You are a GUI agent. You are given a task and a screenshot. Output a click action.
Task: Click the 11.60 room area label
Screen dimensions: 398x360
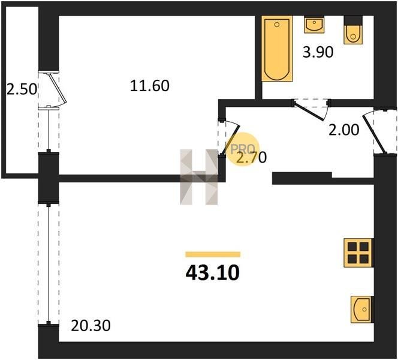[x=149, y=86]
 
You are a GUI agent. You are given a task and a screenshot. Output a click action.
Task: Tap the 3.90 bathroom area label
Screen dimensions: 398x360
[x=318, y=52]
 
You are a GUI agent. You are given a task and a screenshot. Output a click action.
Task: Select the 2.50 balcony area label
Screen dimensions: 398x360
[x=22, y=89]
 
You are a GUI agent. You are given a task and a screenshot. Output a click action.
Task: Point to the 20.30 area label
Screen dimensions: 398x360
[x=91, y=325]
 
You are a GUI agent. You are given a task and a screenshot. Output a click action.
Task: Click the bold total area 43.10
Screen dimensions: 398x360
[x=212, y=272]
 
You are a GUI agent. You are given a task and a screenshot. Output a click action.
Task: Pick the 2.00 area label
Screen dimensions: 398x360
[x=343, y=130]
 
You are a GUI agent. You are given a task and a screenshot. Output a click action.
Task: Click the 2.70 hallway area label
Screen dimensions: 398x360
[x=251, y=157]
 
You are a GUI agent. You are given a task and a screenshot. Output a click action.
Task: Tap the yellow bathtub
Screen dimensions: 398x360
[x=277, y=49]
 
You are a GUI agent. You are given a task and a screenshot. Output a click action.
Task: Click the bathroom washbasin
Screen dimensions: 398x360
[x=314, y=25]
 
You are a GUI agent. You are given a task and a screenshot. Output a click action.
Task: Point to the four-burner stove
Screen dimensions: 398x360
[x=358, y=253]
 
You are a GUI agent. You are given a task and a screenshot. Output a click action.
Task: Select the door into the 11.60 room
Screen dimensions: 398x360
[x=230, y=139]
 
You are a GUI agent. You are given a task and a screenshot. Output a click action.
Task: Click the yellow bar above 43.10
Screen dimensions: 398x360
[x=213, y=254]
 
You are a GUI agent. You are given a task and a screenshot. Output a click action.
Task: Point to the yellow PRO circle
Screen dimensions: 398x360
[x=243, y=149]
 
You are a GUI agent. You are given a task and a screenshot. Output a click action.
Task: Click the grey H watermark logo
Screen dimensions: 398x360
[x=199, y=177]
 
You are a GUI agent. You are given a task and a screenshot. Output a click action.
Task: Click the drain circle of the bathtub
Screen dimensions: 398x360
[x=277, y=25]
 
